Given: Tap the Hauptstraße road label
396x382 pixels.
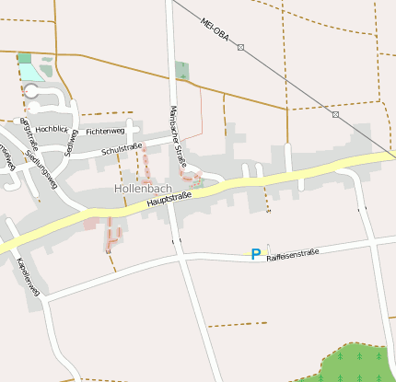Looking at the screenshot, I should click(x=167, y=202).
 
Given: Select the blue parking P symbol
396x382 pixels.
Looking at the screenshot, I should click(x=255, y=253).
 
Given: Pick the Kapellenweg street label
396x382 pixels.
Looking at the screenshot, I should click(x=29, y=277).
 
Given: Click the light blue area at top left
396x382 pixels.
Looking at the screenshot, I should click(x=29, y=71).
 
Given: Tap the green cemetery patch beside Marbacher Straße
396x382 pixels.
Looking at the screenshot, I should click(x=181, y=70).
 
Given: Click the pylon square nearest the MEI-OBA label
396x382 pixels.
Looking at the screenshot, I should click(x=241, y=47).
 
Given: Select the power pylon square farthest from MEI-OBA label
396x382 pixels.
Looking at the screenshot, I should click(x=335, y=115).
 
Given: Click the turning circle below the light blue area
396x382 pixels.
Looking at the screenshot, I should click(x=31, y=91).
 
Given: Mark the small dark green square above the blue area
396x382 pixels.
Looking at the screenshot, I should click(x=24, y=57).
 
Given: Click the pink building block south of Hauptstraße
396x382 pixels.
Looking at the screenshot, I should click(x=91, y=223).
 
